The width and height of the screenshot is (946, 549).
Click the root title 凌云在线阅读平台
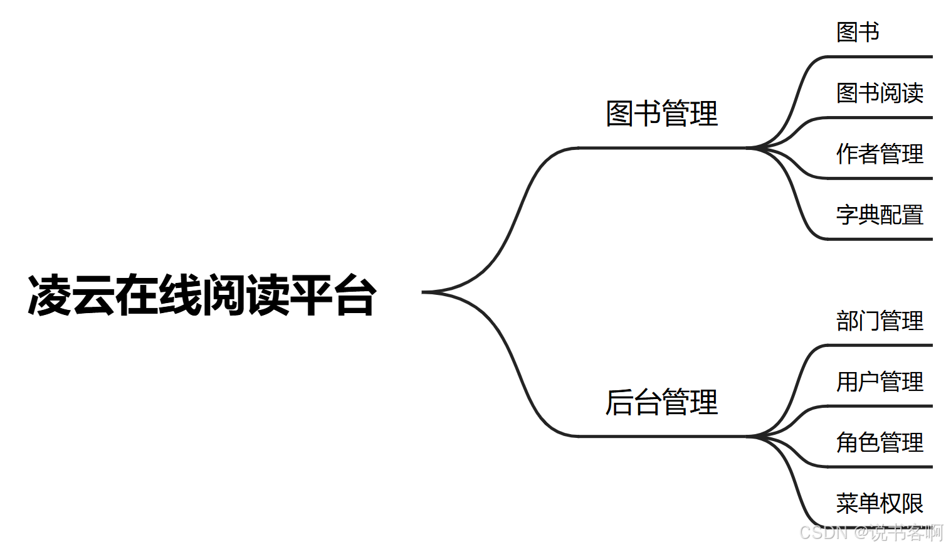point(202,295)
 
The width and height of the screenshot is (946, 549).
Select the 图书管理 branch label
point(661,114)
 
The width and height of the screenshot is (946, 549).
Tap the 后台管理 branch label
point(661,402)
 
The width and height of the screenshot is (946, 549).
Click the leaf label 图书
point(858,32)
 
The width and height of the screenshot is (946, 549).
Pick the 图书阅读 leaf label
point(880,93)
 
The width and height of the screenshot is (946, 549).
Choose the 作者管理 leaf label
point(880,154)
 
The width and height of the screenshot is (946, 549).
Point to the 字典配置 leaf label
point(880,215)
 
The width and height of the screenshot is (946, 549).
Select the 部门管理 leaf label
point(880,321)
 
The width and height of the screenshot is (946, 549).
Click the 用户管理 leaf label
point(880,381)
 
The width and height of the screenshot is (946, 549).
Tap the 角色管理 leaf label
point(880,442)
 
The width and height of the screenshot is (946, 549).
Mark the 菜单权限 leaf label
point(880,503)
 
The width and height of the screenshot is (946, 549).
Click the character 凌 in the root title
point(49,295)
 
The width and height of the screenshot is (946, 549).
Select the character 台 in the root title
point(355,295)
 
